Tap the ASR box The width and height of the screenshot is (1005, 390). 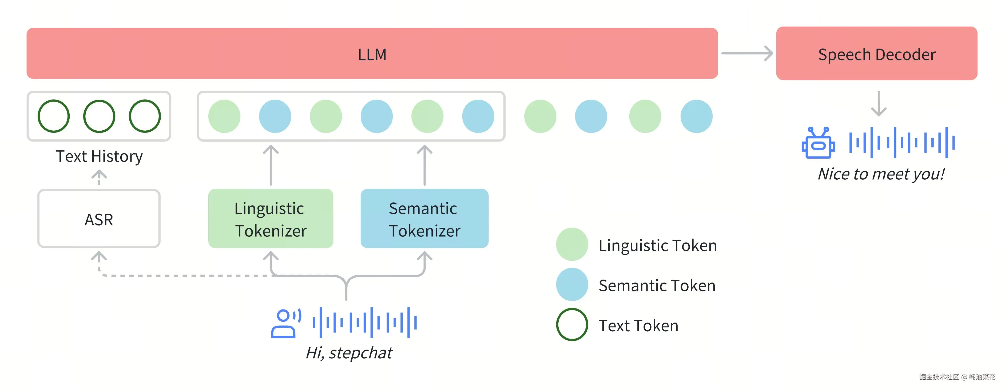click(99, 219)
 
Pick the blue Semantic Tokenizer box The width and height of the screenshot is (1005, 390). click(424, 219)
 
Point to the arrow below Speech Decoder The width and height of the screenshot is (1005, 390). click(878, 104)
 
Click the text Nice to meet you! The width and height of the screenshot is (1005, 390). click(881, 174)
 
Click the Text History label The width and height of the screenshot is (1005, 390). click(99, 156)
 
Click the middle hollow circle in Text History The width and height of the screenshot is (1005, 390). click(99, 116)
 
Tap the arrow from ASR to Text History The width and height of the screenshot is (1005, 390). click(99, 177)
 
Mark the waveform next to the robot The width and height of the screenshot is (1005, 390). click(901, 143)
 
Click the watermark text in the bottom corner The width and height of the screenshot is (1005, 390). click(957, 377)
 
